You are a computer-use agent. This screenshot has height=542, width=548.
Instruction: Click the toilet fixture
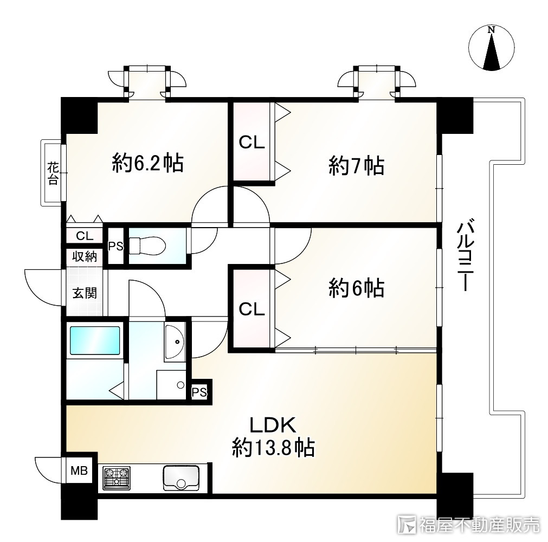pyautogui.click(x=147, y=246)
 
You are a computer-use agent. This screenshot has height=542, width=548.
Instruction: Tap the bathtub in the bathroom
pyautogui.click(x=95, y=341)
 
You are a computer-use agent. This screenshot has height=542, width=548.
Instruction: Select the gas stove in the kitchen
pyautogui.click(x=117, y=478)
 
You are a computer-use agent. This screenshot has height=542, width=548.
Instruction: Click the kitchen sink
pyautogui.click(x=181, y=478)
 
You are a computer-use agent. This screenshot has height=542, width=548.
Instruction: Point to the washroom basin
pyautogui.click(x=175, y=342)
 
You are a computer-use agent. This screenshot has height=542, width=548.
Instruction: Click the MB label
pyautogui.click(x=79, y=470)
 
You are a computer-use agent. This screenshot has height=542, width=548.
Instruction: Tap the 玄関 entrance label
pyautogui.click(x=85, y=293)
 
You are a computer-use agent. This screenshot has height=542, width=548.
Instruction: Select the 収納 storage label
pyautogui.click(x=85, y=256)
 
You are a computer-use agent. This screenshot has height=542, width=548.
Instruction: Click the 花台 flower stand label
pyautogui.click(x=53, y=173)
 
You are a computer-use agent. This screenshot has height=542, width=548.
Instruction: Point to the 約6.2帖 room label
pyautogui.click(x=148, y=163)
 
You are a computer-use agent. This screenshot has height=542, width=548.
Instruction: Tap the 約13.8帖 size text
pyautogui.click(x=274, y=447)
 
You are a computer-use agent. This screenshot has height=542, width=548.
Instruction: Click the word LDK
pyautogui.click(x=273, y=425)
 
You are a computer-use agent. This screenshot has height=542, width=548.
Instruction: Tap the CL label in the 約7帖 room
pyautogui.click(x=252, y=143)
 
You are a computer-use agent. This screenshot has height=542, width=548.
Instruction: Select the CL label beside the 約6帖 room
pyautogui.click(x=252, y=309)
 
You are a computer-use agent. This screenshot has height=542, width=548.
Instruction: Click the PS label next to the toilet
pyautogui.click(x=115, y=247)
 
